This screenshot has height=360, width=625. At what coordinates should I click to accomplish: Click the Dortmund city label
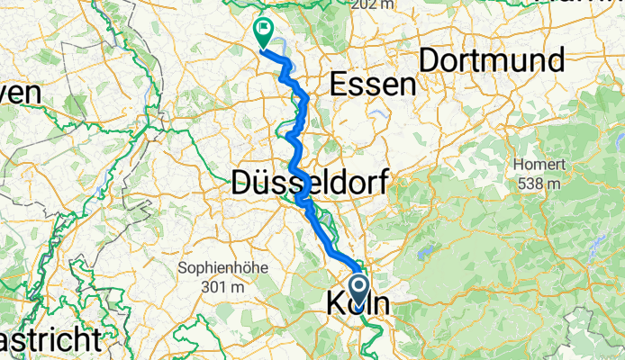point(492,60)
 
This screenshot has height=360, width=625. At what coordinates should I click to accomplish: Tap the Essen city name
point(373,84)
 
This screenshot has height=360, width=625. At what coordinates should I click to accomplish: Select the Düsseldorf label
point(311,183)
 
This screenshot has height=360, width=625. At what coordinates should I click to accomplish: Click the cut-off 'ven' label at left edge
point(20,94)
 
